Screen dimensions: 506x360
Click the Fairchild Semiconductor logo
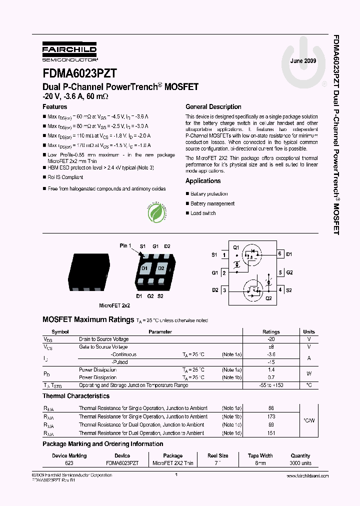[x=69, y=51]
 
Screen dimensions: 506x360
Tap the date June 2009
[x=303, y=60]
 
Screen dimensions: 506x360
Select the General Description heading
[x=213, y=107]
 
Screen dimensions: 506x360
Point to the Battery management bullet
[x=212, y=203]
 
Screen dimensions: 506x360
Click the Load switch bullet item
[x=202, y=213]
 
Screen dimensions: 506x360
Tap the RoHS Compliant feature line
[x=65, y=177]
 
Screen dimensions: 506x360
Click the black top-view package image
[x=89, y=272]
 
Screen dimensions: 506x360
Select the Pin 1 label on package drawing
[x=125, y=246]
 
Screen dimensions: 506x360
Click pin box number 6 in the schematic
[x=280, y=254]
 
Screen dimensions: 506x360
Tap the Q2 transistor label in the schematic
[x=268, y=298]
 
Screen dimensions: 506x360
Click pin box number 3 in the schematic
[x=224, y=290]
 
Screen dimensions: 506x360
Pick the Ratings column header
[x=271, y=332]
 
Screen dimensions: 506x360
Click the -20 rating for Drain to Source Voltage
[x=271, y=339]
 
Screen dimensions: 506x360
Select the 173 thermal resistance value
[x=271, y=416]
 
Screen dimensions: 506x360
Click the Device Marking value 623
[x=69, y=463]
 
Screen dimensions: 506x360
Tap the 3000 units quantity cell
[x=300, y=463]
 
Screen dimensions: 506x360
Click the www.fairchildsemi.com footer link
[x=308, y=476]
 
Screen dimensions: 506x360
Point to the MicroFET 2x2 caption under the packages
[x=114, y=305]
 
